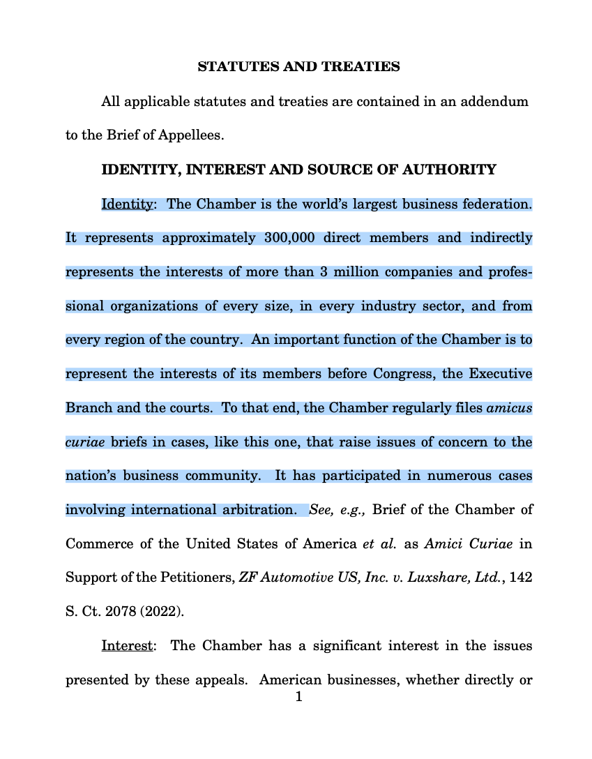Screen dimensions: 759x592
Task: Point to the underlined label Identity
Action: click(x=127, y=204)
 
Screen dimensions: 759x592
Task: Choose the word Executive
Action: click(x=500, y=374)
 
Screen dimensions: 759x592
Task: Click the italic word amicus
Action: click(x=510, y=408)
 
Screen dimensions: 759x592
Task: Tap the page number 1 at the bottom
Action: click(x=298, y=696)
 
